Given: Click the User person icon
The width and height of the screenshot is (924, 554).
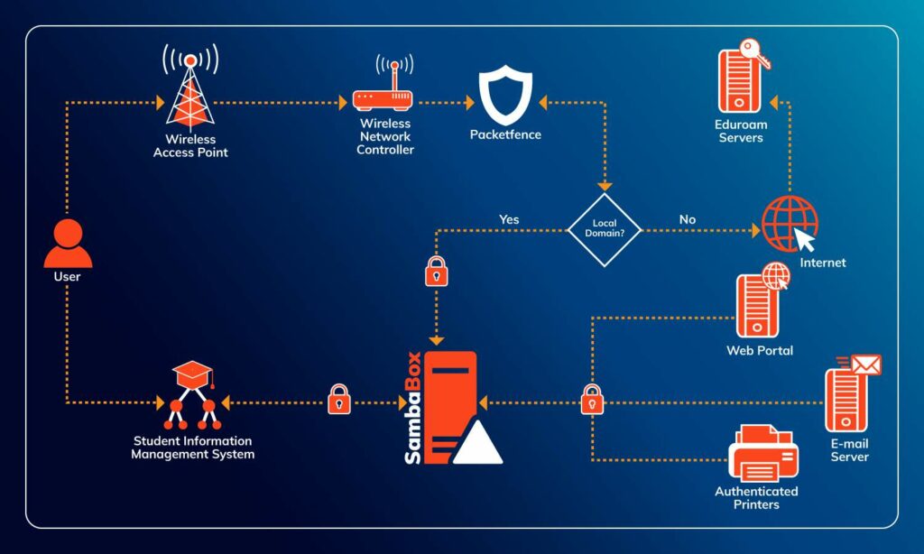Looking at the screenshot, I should pos(68,243).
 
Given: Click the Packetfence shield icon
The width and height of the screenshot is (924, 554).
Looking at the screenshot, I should pos(504,97).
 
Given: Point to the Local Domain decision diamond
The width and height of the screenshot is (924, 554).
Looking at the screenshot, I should pos(604,229).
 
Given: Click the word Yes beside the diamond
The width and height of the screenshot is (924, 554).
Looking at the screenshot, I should pos(509,219).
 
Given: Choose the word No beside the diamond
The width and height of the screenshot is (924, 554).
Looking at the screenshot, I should pos(688,219).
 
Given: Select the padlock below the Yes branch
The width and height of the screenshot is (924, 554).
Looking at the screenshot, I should pos(437,271).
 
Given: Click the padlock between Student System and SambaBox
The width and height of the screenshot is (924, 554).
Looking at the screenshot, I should pos(338,399).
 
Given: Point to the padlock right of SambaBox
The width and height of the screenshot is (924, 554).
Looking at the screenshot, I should pos(592,399).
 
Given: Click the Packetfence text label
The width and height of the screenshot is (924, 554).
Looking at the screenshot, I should pos(505,135).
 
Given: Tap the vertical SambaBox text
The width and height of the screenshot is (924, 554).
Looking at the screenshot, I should pos(412,407).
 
